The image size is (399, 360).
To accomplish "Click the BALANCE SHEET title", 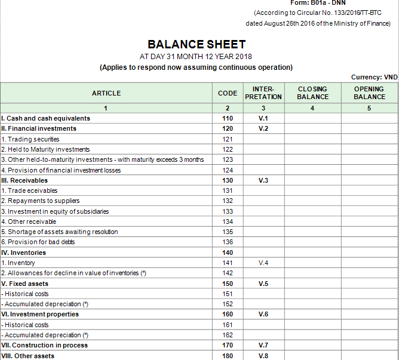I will pos(196,45).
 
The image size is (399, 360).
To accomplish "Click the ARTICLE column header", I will pos(106,93).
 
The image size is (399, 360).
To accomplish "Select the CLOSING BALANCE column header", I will pos(312,93).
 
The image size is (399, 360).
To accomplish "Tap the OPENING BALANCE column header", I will pos(369,93).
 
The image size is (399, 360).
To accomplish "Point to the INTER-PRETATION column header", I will pos(263,93).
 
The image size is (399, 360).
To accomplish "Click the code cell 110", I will pos(227,118).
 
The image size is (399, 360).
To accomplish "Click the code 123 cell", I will pos(227,159).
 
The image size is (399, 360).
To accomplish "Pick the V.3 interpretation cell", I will pos(263,180).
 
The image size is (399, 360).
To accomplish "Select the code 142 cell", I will pos(227,273).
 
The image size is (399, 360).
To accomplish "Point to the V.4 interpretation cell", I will pos(263,263).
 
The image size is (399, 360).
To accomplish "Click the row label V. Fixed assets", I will pos(25,284).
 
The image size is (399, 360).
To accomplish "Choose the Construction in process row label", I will pos(45,345).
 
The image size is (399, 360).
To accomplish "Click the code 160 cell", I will pos(227,314).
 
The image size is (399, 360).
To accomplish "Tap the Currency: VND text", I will pos(375,77).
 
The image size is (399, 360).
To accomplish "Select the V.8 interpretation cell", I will pos(263,356).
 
